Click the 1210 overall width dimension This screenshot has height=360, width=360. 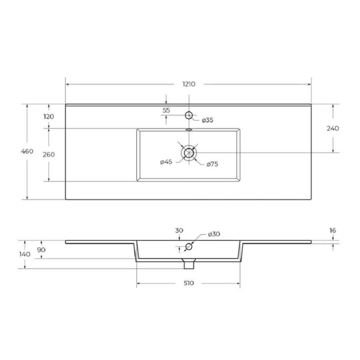tap(189, 84)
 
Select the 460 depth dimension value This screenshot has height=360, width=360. tap(27, 151)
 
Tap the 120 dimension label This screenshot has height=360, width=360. tap(49, 117)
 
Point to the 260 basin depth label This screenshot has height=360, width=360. tap(49, 154)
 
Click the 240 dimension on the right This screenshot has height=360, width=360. tap(333, 128)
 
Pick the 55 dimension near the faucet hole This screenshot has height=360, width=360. tap(166, 110)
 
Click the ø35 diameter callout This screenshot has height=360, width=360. tap(208, 120)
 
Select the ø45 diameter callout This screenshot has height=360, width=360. tap(166, 162)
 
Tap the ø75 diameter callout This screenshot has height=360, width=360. tap(212, 164)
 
